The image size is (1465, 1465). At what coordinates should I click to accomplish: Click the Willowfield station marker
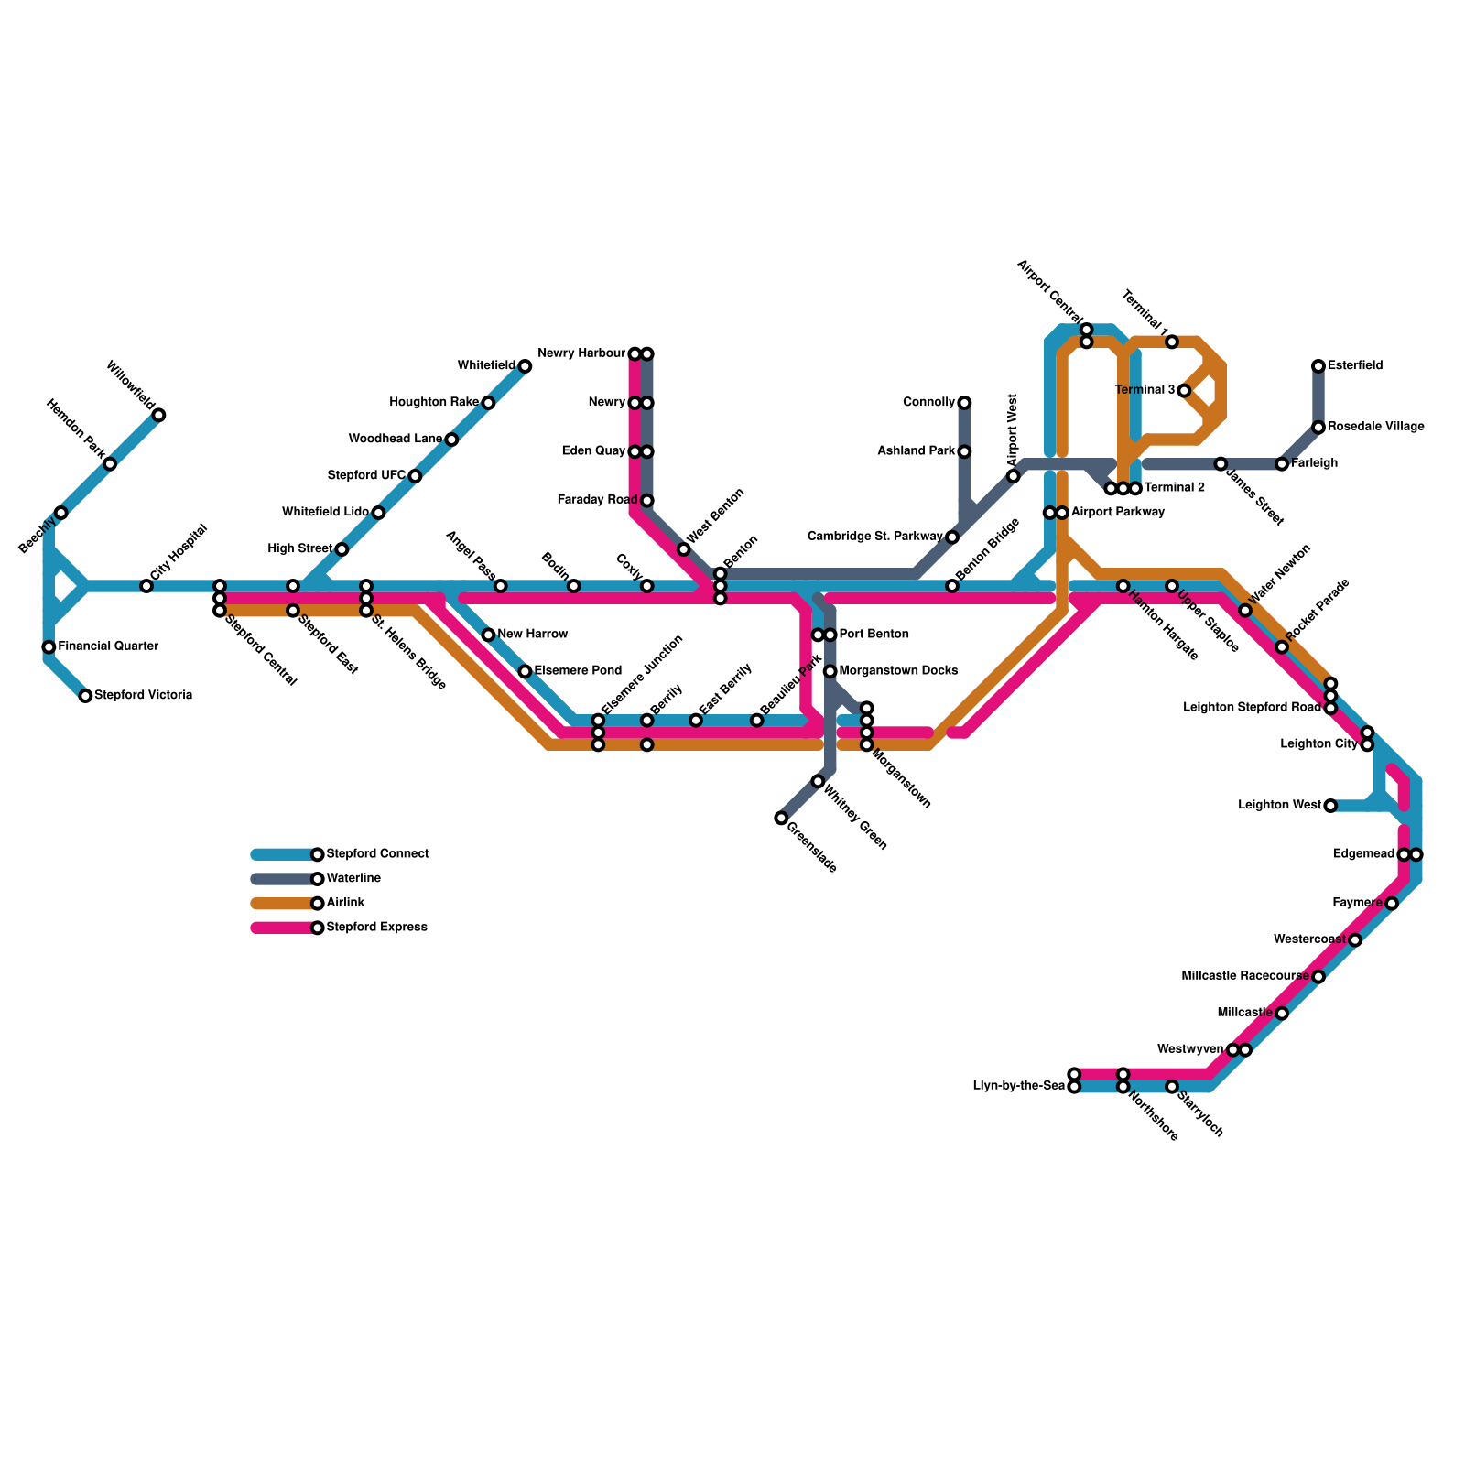[x=158, y=416]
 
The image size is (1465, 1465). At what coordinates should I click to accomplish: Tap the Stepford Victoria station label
[x=143, y=696]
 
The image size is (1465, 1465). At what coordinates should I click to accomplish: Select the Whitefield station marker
[x=525, y=366]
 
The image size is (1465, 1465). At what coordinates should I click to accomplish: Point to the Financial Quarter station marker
[x=49, y=647]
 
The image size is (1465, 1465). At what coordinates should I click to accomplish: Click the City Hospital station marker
[x=146, y=586]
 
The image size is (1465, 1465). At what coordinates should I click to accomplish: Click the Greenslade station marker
[x=781, y=818]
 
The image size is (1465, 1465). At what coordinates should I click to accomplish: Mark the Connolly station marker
[x=964, y=403]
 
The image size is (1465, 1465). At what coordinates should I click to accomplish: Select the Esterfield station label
[x=1355, y=366]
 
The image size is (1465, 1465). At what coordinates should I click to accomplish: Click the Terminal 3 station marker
[x=1184, y=391]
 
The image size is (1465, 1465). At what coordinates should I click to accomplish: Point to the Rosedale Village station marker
[x=1318, y=428]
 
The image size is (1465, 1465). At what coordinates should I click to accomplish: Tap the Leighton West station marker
[x=1330, y=806]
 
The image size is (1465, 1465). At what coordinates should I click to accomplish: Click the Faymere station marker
[x=1392, y=904]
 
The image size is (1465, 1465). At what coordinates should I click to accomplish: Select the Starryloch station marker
[x=1172, y=1087]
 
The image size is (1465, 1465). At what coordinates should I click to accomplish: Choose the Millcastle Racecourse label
[x=1245, y=977]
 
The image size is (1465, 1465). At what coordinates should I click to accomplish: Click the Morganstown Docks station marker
[x=830, y=671]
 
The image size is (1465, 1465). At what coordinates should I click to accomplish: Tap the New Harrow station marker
[x=488, y=635]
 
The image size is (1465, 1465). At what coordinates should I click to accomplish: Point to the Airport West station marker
[x=1014, y=476]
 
